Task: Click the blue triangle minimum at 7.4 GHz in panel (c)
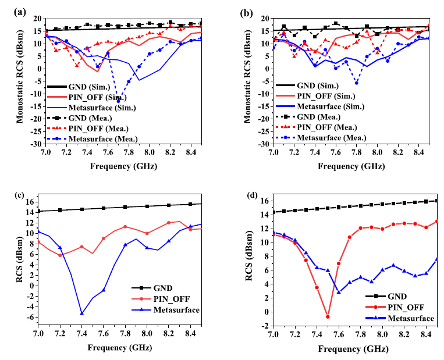pos(82,313)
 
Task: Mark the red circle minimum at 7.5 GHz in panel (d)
pos(328,317)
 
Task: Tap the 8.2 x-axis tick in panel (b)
pos(397,151)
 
